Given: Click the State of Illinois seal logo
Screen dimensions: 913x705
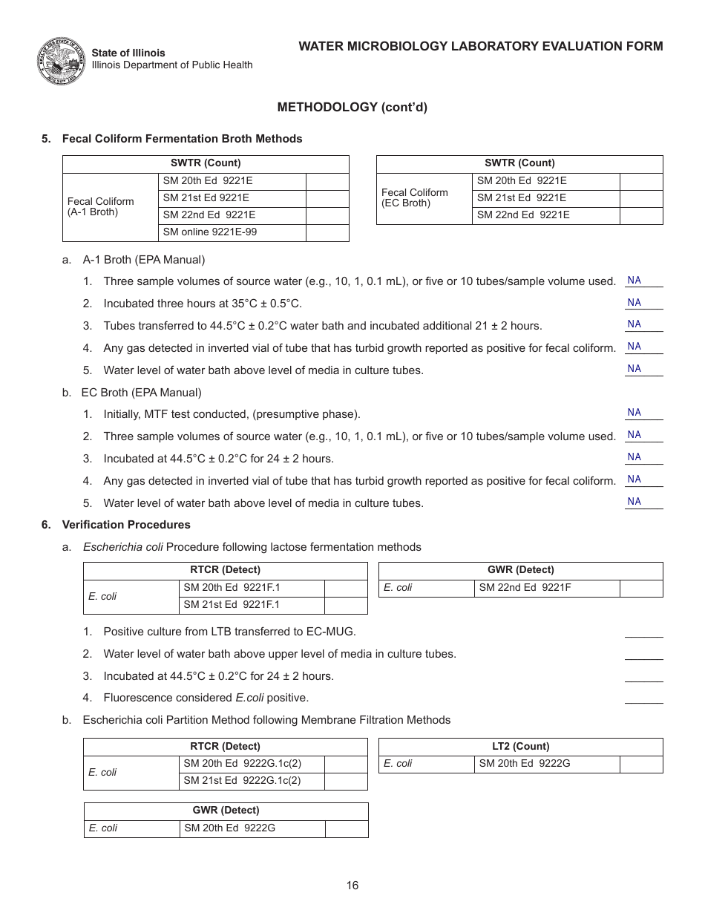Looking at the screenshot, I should (x=62, y=61).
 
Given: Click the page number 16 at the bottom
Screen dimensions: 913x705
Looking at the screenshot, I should (x=352, y=885).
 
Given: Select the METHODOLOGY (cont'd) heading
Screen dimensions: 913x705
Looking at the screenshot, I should (x=352, y=107).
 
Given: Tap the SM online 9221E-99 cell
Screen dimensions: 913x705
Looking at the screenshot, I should (x=209, y=232).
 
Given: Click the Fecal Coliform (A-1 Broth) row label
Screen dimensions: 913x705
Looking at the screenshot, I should (x=101, y=206).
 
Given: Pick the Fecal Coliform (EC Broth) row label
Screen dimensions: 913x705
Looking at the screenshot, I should (x=415, y=197).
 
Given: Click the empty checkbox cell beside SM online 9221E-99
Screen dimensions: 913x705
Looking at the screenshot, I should (x=327, y=232).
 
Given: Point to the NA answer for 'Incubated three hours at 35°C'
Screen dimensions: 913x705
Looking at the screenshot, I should (x=634, y=303).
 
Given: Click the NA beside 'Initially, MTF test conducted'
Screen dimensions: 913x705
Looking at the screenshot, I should (x=634, y=413).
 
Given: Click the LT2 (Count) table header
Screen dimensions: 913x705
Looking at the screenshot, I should (x=520, y=747).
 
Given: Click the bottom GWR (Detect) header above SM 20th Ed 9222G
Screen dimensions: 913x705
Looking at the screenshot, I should (x=226, y=811).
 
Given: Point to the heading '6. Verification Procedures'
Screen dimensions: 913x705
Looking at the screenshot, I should (x=117, y=525).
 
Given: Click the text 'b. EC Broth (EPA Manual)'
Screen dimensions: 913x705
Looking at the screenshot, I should (x=132, y=393).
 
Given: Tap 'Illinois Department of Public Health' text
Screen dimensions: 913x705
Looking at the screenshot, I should (x=172, y=65).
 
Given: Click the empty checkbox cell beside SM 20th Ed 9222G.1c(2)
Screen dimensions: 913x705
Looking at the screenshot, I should (x=346, y=764).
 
